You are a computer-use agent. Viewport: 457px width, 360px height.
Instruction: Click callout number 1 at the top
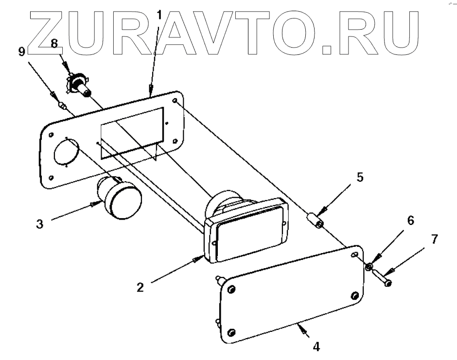click(x=158, y=15)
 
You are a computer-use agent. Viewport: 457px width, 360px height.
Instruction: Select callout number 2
click(x=140, y=287)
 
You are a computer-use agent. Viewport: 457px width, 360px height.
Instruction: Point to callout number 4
click(x=316, y=347)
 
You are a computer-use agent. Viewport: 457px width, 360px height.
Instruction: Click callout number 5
click(x=359, y=177)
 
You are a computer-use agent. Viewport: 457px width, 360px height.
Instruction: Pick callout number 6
click(x=411, y=221)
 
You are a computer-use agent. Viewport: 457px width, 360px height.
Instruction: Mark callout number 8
click(x=54, y=43)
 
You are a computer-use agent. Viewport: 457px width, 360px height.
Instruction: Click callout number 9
click(x=22, y=51)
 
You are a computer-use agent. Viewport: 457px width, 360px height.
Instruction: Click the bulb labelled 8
click(x=79, y=86)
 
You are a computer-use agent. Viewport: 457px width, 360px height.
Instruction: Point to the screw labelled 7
click(x=382, y=279)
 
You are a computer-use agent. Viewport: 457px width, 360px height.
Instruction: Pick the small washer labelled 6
click(x=369, y=266)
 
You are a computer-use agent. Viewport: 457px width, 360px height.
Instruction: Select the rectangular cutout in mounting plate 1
click(x=131, y=132)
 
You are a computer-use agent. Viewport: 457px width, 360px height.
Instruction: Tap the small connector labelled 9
click(x=62, y=106)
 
